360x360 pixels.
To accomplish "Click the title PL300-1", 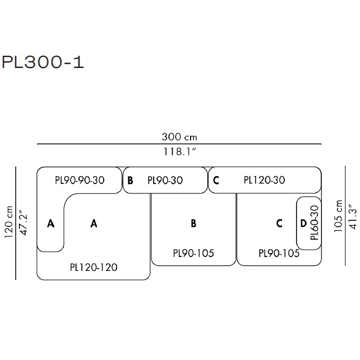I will (x=43, y=61).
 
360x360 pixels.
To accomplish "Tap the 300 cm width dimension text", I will (x=179, y=137).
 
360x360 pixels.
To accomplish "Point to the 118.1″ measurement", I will (x=179, y=151).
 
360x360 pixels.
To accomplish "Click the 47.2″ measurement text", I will (x=23, y=223).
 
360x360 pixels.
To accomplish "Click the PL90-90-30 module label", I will (x=80, y=180).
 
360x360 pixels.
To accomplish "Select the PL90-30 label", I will (x=165, y=180).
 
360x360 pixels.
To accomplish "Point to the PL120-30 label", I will (x=264, y=180).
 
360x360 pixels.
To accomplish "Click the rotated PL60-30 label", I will (x=314, y=223).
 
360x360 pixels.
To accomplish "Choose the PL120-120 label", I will (x=94, y=267).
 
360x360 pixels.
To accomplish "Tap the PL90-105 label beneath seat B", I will (x=193, y=253).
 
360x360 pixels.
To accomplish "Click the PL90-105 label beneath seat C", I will (x=279, y=253).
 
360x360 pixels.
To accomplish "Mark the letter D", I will (x=303, y=223).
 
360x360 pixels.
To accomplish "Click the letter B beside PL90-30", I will (x=130, y=180).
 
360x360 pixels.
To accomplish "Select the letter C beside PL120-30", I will (x=216, y=180).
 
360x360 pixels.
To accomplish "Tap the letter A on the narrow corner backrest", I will (x=51, y=223).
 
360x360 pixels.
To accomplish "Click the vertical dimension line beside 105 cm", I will (x=344, y=216).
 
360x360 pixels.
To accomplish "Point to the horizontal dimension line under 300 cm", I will (x=179, y=144).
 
